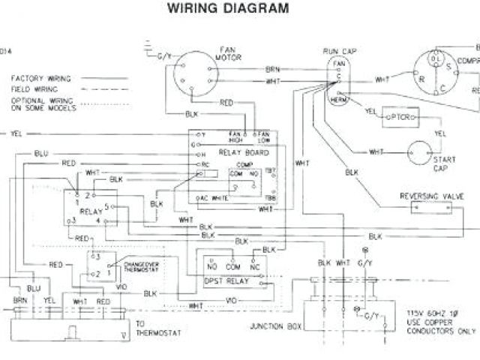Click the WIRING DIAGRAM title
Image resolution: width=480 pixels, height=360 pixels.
pos(226,10)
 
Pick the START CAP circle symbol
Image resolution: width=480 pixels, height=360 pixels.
pos(422,152)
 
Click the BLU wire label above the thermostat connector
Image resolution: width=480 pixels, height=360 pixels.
pos(34,288)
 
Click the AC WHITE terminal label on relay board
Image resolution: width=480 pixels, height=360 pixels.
pos(214,198)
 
